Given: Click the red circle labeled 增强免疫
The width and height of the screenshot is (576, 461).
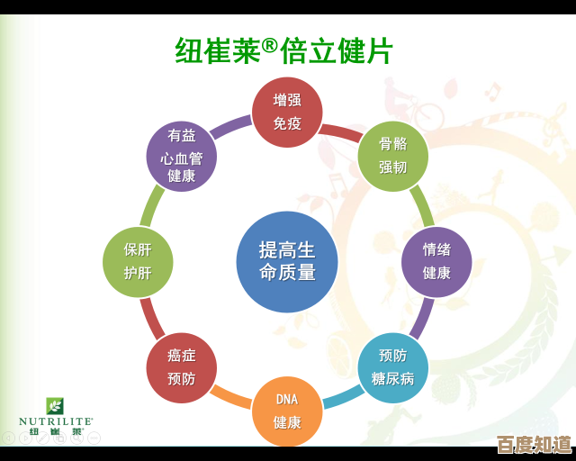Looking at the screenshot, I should tap(287, 113).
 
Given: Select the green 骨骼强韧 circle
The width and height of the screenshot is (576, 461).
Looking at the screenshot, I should tap(392, 156).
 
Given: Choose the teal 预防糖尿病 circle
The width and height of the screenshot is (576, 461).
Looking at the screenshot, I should tap(392, 367).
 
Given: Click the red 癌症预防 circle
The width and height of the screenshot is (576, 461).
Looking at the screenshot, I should tap(182, 367).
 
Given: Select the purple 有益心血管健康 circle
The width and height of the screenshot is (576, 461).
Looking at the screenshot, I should tap(182, 156).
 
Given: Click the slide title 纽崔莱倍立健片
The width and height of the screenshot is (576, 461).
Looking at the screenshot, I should tap(284, 50).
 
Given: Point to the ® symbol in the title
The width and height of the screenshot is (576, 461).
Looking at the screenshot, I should tap(269, 44).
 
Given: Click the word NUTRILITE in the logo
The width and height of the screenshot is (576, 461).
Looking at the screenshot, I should tap(56, 420).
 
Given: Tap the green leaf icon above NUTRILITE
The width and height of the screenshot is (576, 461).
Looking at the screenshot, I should tap(56, 405).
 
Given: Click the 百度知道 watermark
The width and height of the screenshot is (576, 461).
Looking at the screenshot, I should tap(534, 445).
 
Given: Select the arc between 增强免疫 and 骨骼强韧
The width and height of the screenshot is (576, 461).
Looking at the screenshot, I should tap(340, 132).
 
